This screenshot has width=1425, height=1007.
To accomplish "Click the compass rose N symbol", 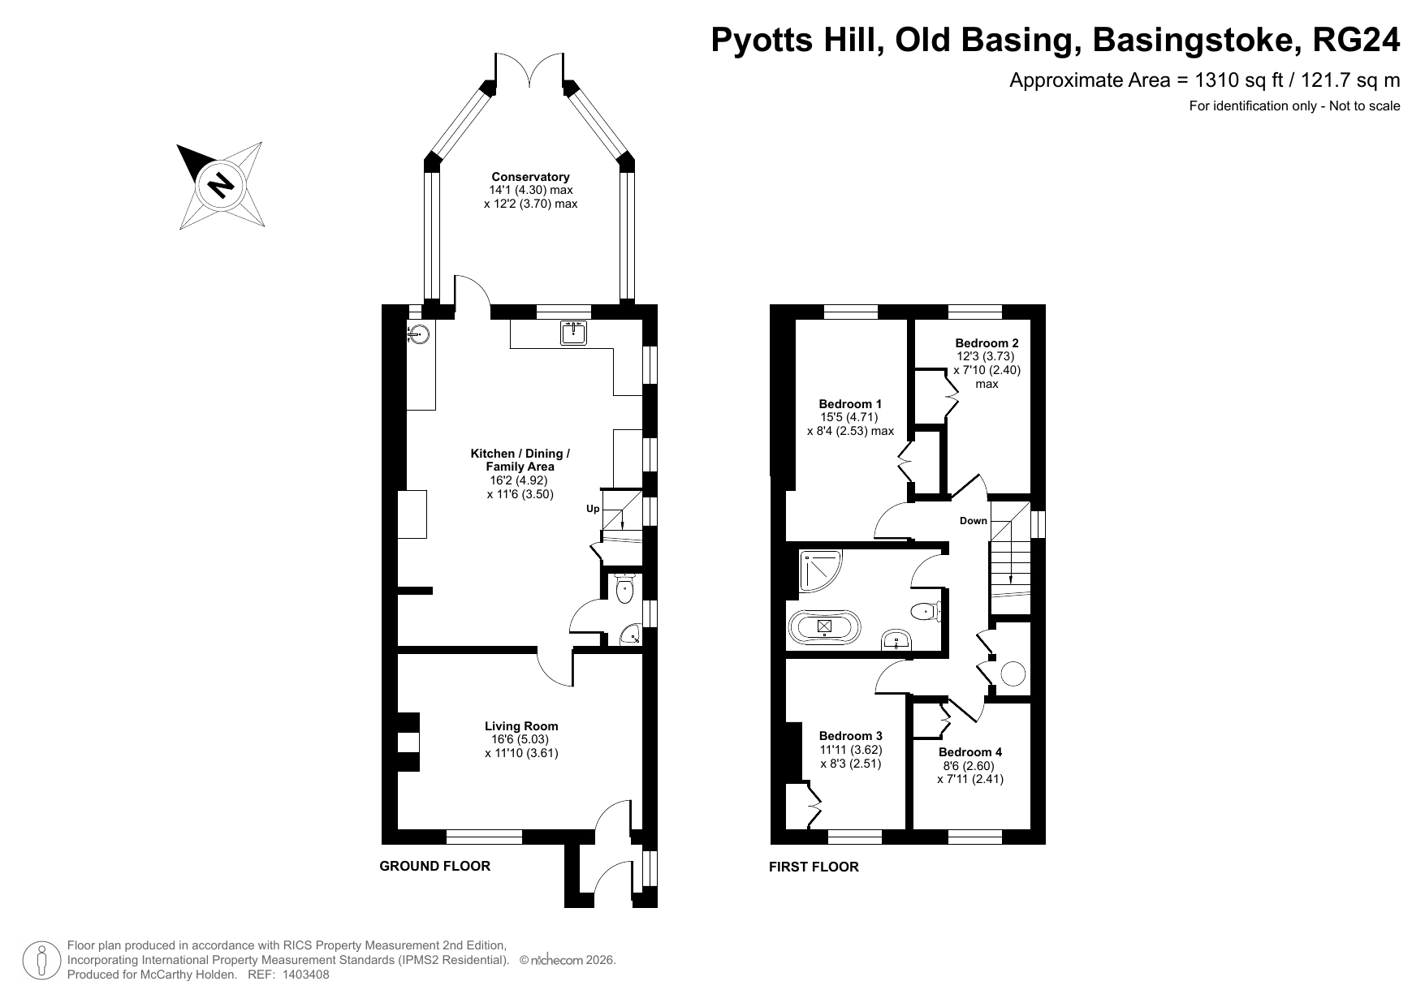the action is coord(220,184).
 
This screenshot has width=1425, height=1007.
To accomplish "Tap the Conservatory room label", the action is coord(530,177).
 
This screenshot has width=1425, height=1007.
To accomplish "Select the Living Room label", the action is coord(521,726).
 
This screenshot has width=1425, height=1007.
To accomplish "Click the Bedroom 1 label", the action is coord(850,404).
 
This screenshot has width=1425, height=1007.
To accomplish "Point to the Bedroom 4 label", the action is coord(970,752).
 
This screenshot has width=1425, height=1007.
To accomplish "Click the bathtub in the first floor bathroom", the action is coord(824,626).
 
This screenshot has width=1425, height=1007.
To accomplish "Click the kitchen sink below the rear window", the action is coord(574,333).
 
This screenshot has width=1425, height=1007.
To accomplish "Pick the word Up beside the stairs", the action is coord(593,509).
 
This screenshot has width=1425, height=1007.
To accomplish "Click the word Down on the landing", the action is coord(973,521).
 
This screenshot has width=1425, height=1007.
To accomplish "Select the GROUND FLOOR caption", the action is coord(435,866).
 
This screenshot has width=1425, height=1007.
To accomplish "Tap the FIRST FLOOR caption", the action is coord(814,867).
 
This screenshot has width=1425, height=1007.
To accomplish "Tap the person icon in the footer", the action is coord(42,961).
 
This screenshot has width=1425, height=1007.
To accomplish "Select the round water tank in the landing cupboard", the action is coord(1013,673).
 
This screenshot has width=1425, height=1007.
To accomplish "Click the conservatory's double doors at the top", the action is coord(529,70).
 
